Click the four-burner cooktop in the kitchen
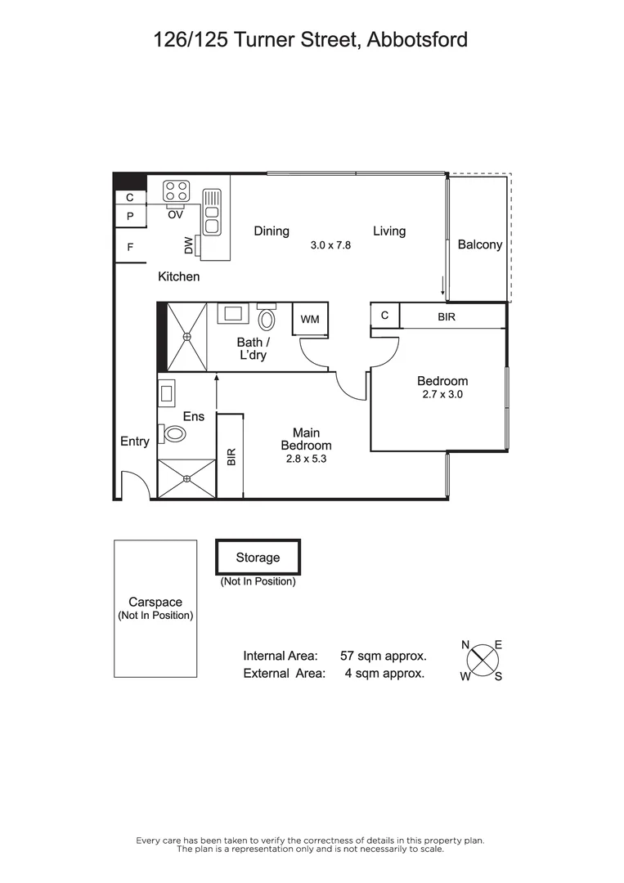[x=176, y=191]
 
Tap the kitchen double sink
[x=212, y=211]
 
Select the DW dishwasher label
[x=189, y=244]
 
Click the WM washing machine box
[x=310, y=319]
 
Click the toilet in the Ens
[x=173, y=433]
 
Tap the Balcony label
[x=480, y=244]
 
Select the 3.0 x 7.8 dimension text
[x=330, y=244]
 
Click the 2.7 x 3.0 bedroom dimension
[x=442, y=394]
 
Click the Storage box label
[x=258, y=558]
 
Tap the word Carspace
[x=155, y=603]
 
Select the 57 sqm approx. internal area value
[x=383, y=656]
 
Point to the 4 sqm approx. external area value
[x=379, y=674]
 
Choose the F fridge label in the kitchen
[x=129, y=245]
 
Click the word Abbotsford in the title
[x=417, y=39]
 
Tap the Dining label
[x=272, y=231]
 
